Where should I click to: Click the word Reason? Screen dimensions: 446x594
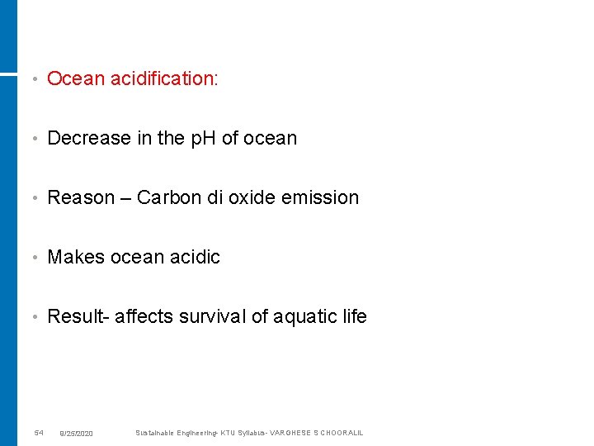tap(81, 197)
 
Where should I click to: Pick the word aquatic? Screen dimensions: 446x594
tap(301, 316)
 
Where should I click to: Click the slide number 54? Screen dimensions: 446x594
tap(39, 433)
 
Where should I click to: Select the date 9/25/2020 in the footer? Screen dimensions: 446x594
tap(76, 434)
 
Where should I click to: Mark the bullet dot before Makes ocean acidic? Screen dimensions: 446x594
tap(32, 258)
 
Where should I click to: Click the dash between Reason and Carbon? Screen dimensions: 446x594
tap(125, 197)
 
